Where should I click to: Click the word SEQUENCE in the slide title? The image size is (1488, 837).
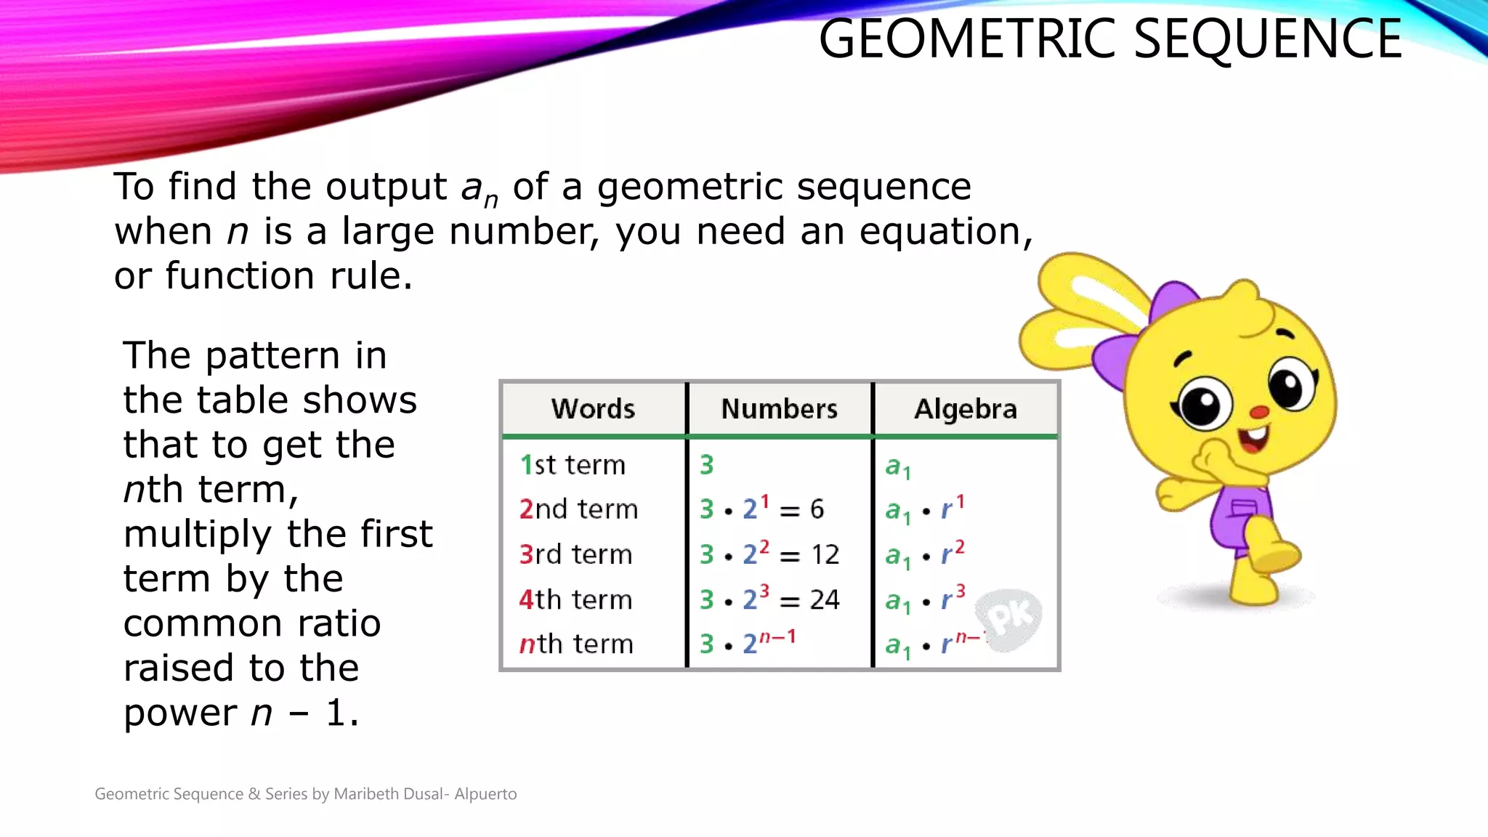pyautogui.click(x=1267, y=39)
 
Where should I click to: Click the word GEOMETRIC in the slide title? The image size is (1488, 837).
pyautogui.click(x=969, y=39)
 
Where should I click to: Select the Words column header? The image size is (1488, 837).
pyautogui.click(x=593, y=409)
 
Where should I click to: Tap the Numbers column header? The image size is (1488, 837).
pyautogui.click(x=779, y=409)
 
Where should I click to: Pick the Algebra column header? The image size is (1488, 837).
pyautogui.click(x=965, y=409)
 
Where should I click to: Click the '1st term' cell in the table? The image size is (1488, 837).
pyautogui.click(x=573, y=465)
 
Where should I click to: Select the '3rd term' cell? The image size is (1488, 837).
pyautogui.click(x=575, y=554)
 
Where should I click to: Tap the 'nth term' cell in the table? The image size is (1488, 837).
pyautogui.click(x=576, y=644)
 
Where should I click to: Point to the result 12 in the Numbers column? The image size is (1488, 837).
pyautogui.click(x=825, y=555)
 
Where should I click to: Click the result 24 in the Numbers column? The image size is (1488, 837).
pyautogui.click(x=825, y=600)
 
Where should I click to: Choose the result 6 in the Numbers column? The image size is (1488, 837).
pyautogui.click(x=817, y=509)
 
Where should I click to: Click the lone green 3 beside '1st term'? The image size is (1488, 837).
pyautogui.click(x=706, y=465)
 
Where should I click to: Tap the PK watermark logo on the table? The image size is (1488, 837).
pyautogui.click(x=1010, y=618)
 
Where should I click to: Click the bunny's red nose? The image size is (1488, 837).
pyautogui.click(x=1258, y=413)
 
